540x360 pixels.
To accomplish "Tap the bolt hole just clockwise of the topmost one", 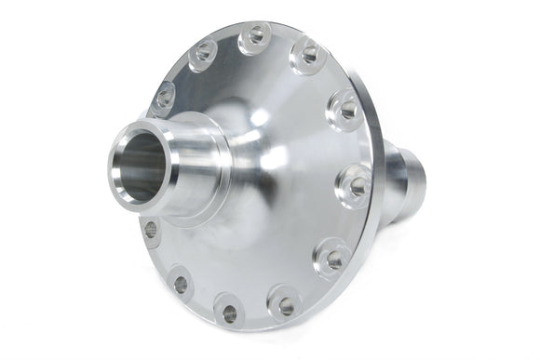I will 306,58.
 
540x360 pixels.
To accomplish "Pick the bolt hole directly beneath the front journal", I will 152,229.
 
